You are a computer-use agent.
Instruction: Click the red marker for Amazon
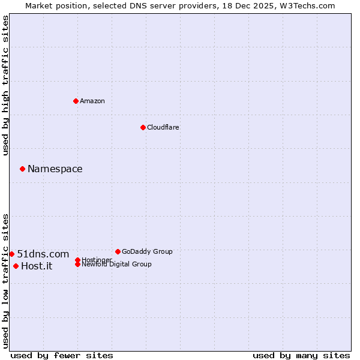click(76, 101)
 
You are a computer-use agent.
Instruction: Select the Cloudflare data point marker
click(143, 127)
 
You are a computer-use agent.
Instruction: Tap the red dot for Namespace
click(22, 169)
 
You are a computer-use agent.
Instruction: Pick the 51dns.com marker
click(11, 254)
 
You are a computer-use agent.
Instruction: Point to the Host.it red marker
click(16, 266)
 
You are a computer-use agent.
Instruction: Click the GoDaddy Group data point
click(118, 251)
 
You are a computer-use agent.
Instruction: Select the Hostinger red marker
click(77, 260)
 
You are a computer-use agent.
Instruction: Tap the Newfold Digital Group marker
click(77, 265)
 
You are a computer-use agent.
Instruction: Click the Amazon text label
click(92, 101)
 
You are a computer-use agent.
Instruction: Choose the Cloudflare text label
click(163, 127)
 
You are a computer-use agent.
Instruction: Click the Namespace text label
click(55, 169)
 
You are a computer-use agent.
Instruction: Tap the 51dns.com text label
click(43, 254)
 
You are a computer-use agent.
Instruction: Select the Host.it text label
click(37, 266)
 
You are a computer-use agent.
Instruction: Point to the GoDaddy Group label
click(147, 251)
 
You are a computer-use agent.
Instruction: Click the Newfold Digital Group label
click(116, 265)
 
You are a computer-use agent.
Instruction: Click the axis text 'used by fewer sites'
click(62, 355)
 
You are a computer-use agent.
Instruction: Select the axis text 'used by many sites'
click(301, 355)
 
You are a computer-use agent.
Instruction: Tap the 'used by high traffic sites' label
click(5, 85)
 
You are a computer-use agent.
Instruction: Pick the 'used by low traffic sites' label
click(5, 280)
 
